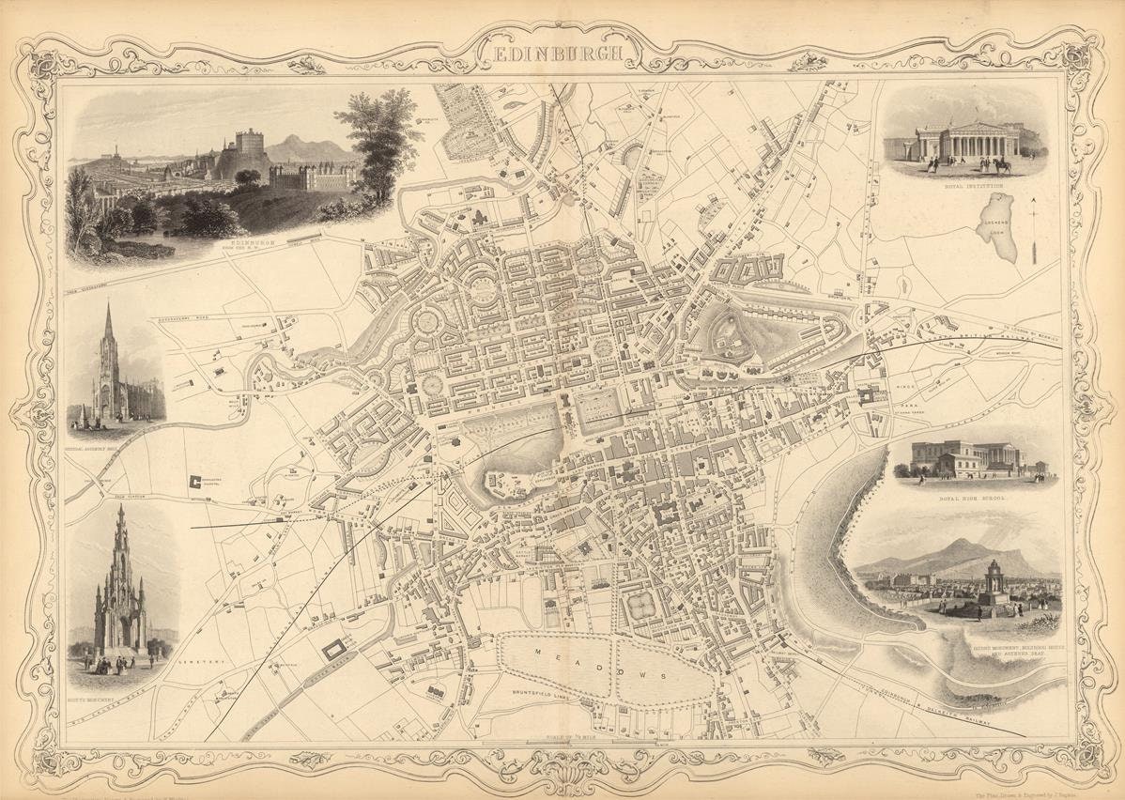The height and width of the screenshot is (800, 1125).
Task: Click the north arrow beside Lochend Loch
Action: (x=1033, y=230)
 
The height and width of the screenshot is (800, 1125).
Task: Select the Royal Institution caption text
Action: (x=973, y=186)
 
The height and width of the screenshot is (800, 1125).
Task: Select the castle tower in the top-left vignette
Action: (x=250, y=144)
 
